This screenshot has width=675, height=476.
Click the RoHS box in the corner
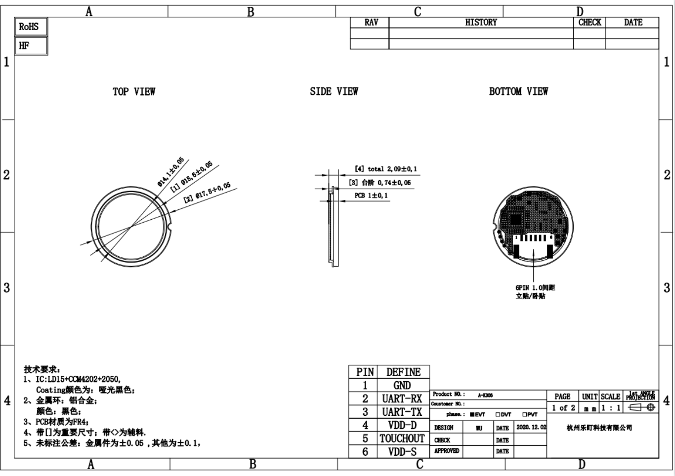(31, 27)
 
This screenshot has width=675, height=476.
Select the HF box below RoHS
(31, 46)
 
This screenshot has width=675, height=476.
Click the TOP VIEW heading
(134, 91)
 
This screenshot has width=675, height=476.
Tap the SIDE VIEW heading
(334, 91)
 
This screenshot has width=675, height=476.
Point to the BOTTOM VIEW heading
(518, 91)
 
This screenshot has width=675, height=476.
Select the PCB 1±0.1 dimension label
(371, 196)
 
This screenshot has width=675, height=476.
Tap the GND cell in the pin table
(403, 385)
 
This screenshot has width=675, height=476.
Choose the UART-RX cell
(403, 398)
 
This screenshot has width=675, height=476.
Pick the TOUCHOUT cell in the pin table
(403, 438)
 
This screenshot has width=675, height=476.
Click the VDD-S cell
(403, 451)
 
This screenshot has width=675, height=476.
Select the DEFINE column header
(403, 372)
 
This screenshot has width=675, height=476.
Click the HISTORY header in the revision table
(481, 23)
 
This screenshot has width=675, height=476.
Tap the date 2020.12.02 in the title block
(531, 427)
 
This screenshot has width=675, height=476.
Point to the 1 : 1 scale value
(610, 408)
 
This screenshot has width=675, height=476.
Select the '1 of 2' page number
(563, 408)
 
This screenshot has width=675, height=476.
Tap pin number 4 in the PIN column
(365, 425)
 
